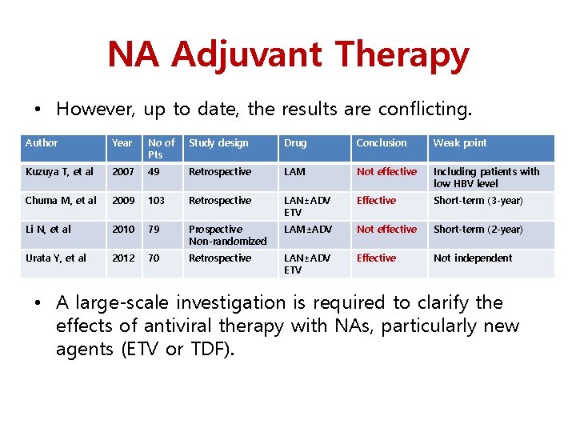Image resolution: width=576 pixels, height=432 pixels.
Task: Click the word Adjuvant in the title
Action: pyautogui.click(x=247, y=55)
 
